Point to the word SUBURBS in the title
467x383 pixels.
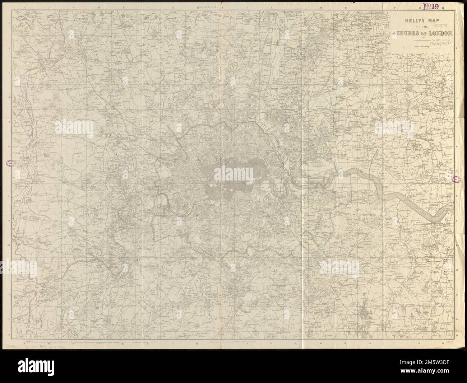[408, 34]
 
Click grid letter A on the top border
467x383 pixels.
[24, 7]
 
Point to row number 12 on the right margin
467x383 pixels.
[456, 294]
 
